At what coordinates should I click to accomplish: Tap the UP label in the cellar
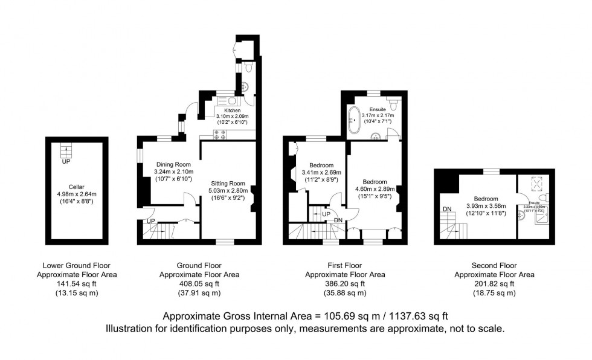[65, 161]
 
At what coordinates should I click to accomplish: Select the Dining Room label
[173, 164]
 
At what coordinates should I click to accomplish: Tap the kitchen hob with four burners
[219, 135]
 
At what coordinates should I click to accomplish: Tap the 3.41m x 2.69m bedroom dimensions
[321, 173]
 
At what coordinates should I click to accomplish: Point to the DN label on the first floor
[338, 219]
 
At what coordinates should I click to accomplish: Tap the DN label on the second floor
[447, 209]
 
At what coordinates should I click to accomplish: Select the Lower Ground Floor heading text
[76, 265]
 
